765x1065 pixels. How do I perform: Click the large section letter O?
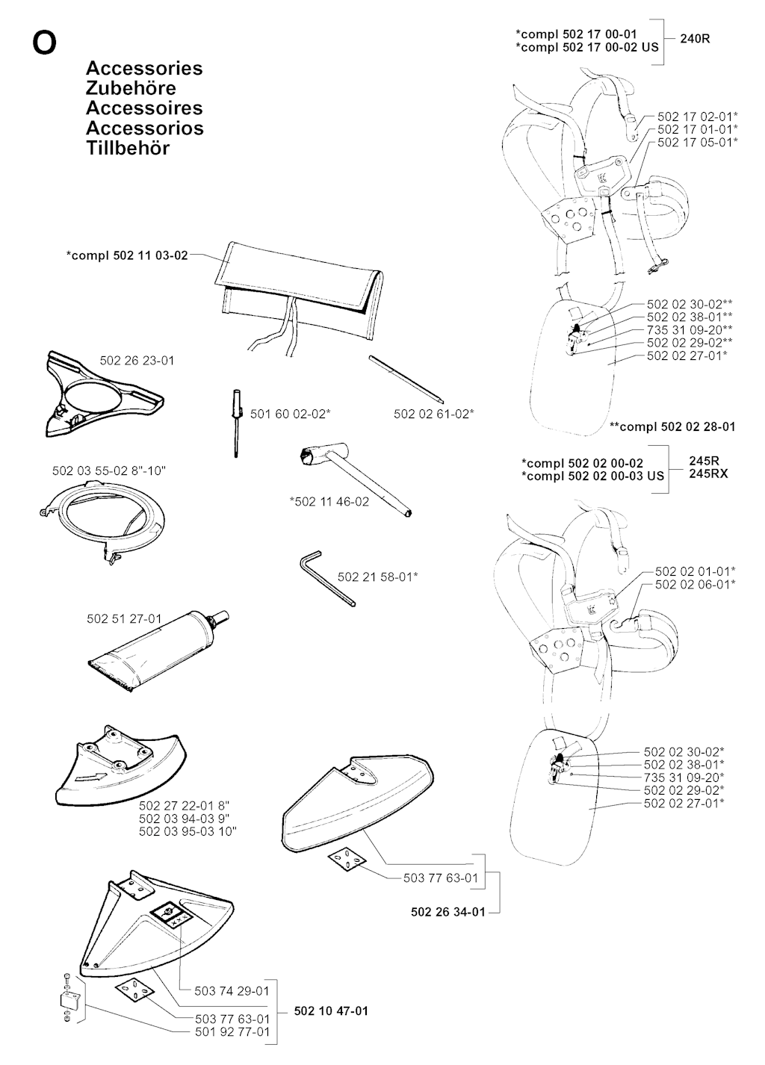[x=44, y=43]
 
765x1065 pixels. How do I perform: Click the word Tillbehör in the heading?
[x=128, y=149]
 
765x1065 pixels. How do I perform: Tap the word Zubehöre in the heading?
[x=131, y=88]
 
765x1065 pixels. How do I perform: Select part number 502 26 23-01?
[x=137, y=361]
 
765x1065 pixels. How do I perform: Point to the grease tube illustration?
[x=159, y=651]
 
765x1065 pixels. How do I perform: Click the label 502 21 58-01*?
[x=377, y=577]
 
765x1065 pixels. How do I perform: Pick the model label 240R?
[x=695, y=39]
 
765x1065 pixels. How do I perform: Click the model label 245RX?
[x=708, y=474]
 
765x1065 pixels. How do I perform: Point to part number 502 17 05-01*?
[x=698, y=142]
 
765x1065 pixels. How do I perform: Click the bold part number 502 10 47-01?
[x=331, y=1007]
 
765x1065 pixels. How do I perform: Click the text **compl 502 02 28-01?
[x=672, y=427]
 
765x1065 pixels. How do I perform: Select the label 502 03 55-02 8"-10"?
[x=109, y=471]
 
